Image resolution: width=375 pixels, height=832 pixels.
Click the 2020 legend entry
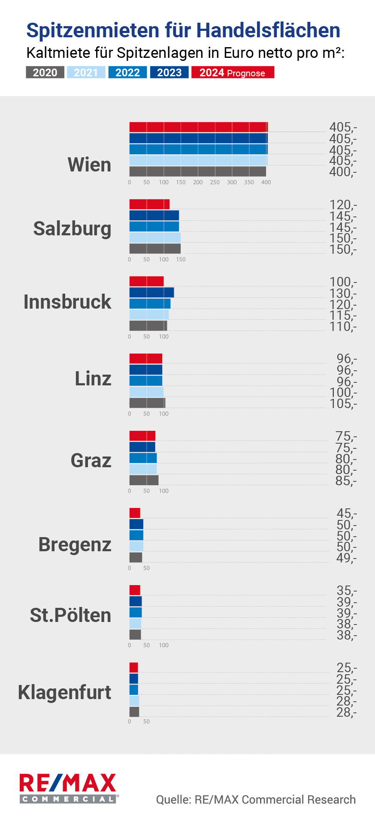(x=45, y=72)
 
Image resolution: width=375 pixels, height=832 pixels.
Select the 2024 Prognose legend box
(x=233, y=72)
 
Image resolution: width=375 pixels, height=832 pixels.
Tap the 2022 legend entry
(x=127, y=72)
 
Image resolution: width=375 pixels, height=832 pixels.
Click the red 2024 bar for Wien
(x=198, y=127)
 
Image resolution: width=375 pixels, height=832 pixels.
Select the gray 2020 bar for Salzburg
(x=155, y=249)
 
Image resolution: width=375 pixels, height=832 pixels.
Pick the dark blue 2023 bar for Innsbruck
(x=151, y=292)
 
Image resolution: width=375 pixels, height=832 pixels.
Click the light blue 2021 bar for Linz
(x=146, y=392)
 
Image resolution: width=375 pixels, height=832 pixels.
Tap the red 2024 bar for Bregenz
(x=135, y=513)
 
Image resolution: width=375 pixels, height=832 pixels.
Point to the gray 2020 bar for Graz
(x=144, y=480)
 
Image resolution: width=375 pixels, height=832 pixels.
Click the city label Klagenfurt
(x=65, y=692)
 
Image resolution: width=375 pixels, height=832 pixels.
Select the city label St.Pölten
(x=70, y=615)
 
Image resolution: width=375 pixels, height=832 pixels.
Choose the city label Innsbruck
(x=67, y=302)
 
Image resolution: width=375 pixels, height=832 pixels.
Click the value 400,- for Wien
(x=343, y=172)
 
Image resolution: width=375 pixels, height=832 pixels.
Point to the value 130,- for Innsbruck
(x=343, y=294)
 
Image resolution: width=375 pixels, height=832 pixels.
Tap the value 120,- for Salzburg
(x=343, y=205)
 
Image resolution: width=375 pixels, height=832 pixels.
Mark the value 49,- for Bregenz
(x=346, y=558)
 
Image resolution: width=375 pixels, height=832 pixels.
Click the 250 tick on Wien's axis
(x=215, y=182)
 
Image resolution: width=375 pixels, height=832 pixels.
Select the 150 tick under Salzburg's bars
(x=181, y=259)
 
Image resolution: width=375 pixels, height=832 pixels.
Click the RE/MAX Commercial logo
(x=68, y=788)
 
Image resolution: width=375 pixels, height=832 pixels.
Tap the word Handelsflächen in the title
(x=268, y=30)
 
